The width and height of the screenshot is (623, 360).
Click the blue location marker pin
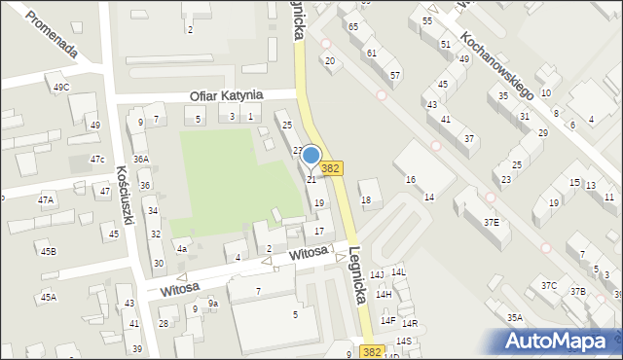[x=311, y=156]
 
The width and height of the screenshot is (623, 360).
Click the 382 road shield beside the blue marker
[x=331, y=168]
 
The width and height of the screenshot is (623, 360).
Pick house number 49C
[x=61, y=88]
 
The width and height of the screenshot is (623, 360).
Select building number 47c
[x=97, y=159]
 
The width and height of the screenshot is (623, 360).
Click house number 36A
[x=141, y=159]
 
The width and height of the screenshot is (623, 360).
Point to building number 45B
[x=48, y=252]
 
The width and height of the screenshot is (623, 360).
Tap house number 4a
[x=181, y=248]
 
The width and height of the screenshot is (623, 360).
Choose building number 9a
[x=213, y=304]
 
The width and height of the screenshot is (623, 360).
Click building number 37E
[x=492, y=223]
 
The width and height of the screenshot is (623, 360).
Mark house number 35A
[x=515, y=317]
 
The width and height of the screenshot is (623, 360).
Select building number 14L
[x=398, y=273]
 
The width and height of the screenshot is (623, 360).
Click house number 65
[x=352, y=26]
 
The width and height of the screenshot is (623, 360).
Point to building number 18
[x=366, y=200]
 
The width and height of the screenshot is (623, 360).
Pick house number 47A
[x=46, y=199]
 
